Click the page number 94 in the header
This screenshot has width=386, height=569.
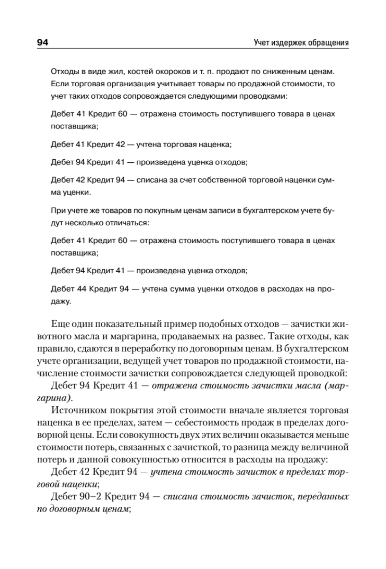[43, 43]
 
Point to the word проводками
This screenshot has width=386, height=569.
[267, 97]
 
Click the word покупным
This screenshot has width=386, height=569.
[141, 210]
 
